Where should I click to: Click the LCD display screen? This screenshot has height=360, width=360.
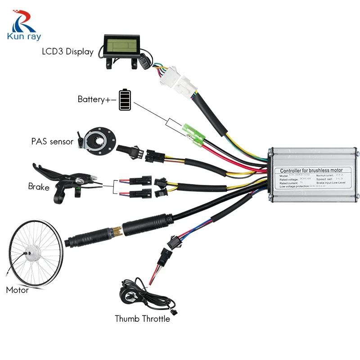pyautogui.click(x=120, y=45)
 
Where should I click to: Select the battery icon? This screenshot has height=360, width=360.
pyautogui.click(x=126, y=99)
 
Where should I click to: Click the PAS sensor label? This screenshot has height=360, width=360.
pyautogui.click(x=52, y=141)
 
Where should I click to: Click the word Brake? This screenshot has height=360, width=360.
pyautogui.click(x=39, y=186)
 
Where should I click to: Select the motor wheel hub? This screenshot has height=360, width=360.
pyautogui.click(x=29, y=254)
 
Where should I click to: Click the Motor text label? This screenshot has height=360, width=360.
pyautogui.click(x=17, y=290)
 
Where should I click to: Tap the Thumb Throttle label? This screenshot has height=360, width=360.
pyautogui.click(x=142, y=319)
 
